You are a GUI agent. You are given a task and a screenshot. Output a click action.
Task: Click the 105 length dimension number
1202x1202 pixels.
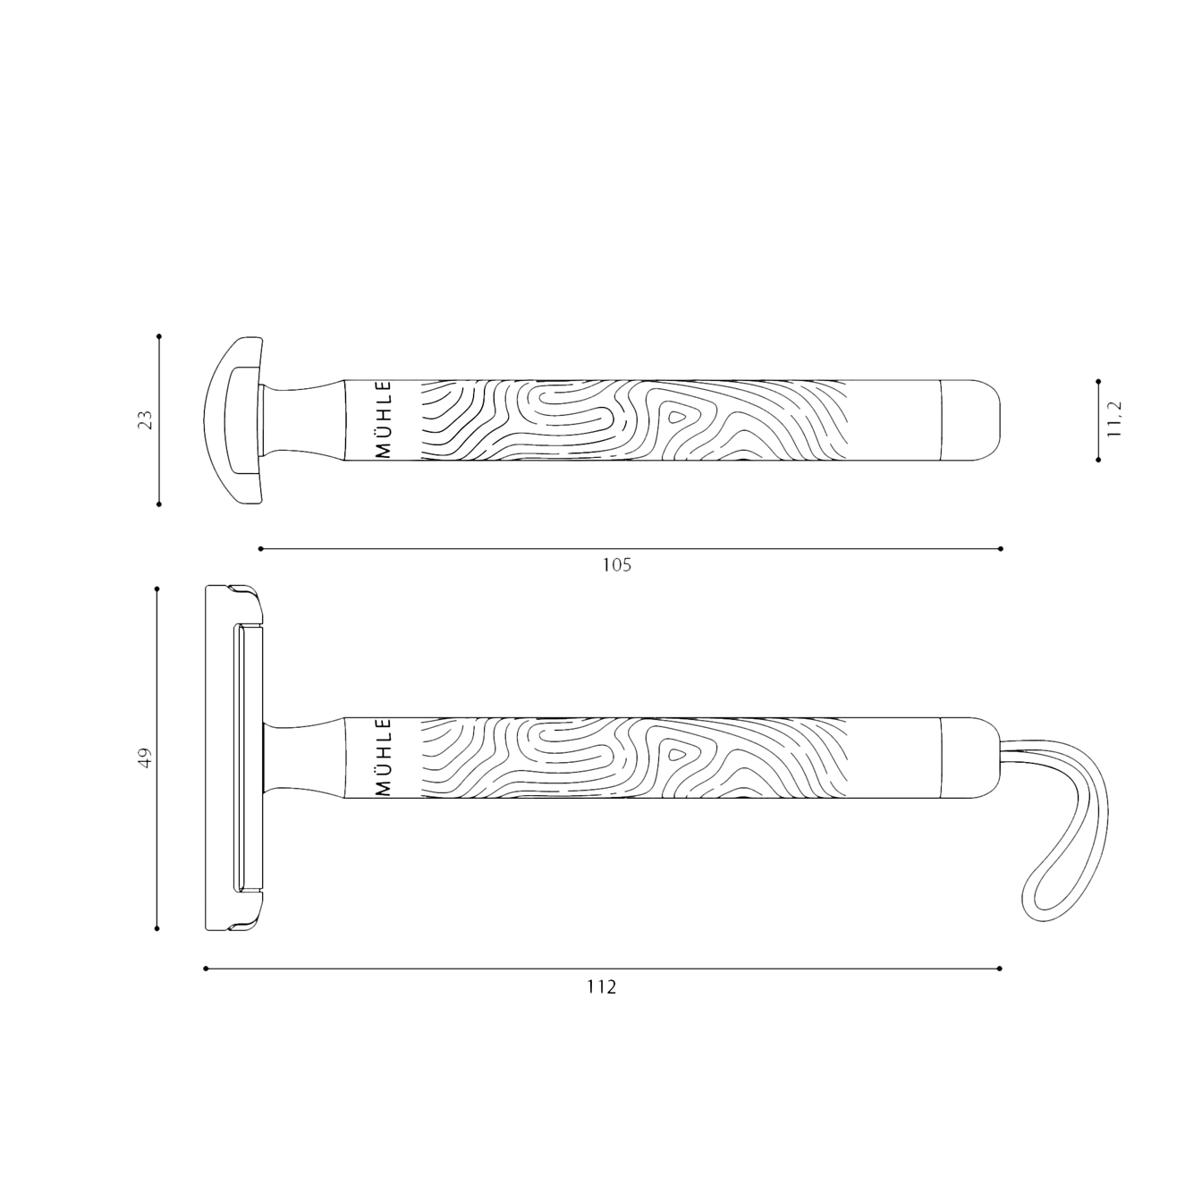pos(616,565)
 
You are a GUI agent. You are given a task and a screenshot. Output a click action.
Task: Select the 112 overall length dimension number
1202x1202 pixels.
pos(602,986)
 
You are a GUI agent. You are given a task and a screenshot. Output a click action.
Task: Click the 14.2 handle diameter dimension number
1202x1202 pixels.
pos(1114,419)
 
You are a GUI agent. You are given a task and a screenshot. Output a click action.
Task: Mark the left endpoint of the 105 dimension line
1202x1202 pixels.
pos(259,547)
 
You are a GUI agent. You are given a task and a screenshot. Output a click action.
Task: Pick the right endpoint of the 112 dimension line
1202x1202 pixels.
pos(1001,968)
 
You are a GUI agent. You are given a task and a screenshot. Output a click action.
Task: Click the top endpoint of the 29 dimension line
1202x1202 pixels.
pos(158,337)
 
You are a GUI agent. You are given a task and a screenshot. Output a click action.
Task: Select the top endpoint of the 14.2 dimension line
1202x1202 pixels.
pos(1097,379)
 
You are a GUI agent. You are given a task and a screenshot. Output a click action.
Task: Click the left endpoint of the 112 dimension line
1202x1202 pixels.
pos(205,968)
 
